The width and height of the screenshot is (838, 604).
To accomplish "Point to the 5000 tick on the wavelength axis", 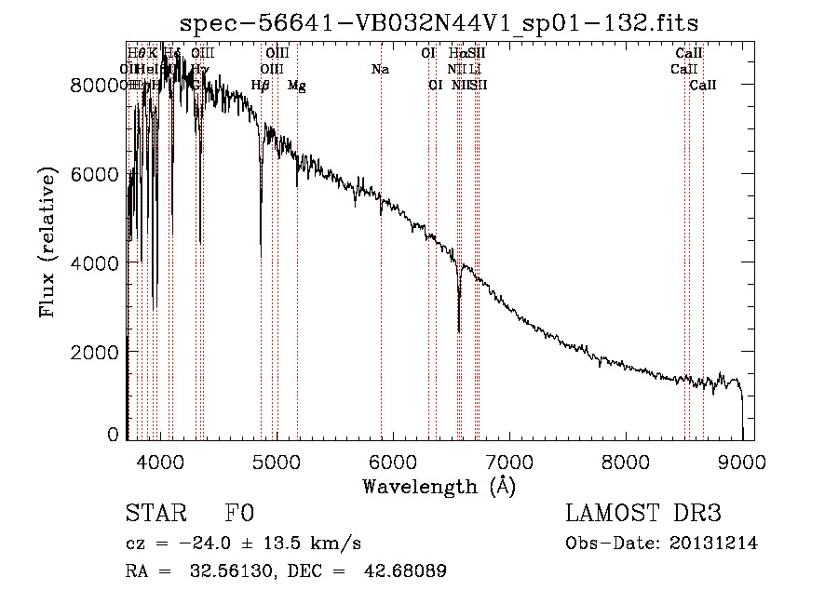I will [277, 461].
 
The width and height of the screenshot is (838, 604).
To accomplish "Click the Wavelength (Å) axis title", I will [439, 486].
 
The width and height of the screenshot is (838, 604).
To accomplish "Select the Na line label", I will [380, 69].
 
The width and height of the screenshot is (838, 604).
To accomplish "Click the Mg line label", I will [297, 86].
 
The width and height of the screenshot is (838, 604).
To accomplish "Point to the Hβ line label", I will [261, 86].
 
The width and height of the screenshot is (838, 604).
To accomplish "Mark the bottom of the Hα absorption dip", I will [459, 330].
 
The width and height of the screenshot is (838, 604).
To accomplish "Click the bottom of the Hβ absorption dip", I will [261, 255].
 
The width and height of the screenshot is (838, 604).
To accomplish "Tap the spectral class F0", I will [239, 514].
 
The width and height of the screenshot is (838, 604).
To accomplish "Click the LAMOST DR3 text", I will [642, 514].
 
